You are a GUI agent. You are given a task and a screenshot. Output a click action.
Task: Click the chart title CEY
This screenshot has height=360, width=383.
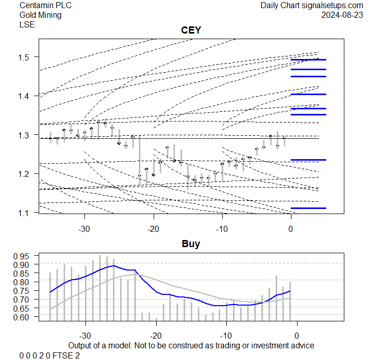(191, 31)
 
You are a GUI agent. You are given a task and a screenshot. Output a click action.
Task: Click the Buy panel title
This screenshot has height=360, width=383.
(191, 244)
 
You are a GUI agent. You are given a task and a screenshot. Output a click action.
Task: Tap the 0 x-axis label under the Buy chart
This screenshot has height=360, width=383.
(297, 336)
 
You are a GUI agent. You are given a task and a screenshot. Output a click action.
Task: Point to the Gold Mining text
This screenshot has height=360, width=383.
(40, 15)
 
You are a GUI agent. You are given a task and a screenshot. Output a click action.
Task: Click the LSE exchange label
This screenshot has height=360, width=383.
(27, 24)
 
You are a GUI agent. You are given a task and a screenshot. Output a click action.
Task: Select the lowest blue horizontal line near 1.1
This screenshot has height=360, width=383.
(308, 208)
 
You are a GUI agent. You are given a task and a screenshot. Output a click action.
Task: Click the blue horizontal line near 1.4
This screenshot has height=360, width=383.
(308, 95)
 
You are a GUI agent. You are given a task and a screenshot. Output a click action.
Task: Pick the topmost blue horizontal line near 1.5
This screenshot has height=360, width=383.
(308, 59)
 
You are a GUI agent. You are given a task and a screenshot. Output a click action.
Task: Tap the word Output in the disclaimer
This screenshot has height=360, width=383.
(80, 345)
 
